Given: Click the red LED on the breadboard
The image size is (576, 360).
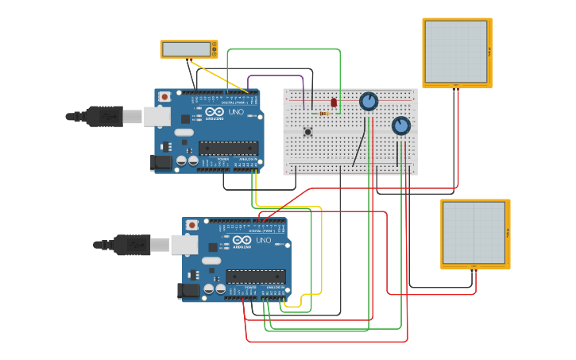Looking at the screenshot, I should [334, 103].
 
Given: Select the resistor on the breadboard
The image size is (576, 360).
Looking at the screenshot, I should [323, 114].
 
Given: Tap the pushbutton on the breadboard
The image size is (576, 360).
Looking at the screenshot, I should [307, 131].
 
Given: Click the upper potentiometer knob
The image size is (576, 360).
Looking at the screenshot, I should [369, 102].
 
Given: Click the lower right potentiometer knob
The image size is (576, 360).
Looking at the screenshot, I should [401, 126].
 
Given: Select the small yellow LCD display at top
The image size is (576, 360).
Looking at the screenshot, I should [188, 49].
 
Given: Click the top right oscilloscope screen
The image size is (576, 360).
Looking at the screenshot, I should [456, 51].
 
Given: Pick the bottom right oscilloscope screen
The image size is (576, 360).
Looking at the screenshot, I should [474, 233].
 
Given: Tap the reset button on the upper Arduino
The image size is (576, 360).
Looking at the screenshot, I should [164, 97].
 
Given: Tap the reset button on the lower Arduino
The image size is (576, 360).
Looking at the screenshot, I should [192, 225].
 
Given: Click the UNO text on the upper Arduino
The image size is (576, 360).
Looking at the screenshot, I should [236, 112].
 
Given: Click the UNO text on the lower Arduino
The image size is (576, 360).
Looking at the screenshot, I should [263, 240].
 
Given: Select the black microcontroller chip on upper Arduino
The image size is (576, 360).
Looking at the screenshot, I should [228, 148].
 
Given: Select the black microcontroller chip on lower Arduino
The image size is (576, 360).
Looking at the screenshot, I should [255, 277].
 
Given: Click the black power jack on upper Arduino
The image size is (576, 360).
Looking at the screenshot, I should [161, 162].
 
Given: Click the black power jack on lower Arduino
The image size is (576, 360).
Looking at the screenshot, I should [188, 291].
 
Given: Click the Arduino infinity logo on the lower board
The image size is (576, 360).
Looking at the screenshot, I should [242, 240].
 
